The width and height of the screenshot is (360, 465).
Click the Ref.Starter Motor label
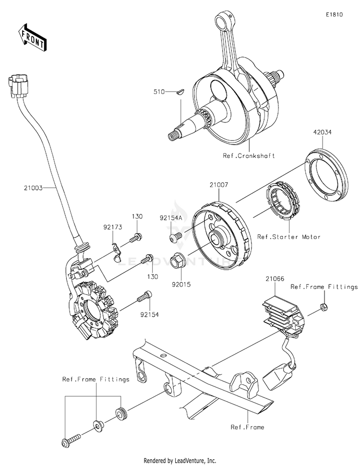(288, 237)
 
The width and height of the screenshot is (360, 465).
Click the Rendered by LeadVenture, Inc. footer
(180, 460)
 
